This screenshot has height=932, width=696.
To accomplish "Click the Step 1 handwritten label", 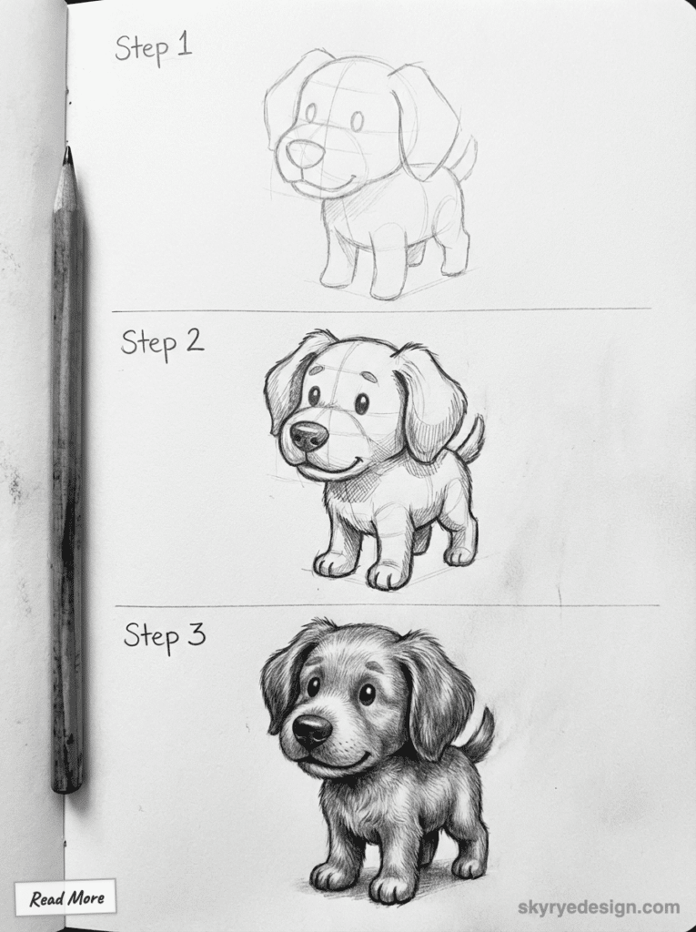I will click(x=154, y=47).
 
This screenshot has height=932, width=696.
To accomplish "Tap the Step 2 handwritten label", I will click(x=162, y=343).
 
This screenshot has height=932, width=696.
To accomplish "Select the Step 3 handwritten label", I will click(x=165, y=634).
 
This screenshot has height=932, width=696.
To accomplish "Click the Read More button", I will click(x=66, y=898).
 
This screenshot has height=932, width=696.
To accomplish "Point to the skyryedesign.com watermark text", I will click(x=598, y=907).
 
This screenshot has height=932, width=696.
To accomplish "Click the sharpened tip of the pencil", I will click(x=67, y=155).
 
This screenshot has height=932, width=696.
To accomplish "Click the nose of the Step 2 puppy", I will click(x=308, y=436).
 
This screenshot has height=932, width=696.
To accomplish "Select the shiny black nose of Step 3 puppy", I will click(x=311, y=729).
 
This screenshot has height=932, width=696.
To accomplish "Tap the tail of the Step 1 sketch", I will click(x=462, y=157).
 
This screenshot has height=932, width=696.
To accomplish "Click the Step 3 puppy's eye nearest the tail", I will click(x=366, y=694).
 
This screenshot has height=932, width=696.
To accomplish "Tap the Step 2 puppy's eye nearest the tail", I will click(x=361, y=403).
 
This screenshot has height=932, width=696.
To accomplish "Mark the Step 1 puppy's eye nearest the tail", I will click(x=357, y=120).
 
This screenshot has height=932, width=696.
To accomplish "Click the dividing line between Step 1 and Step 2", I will click(x=382, y=310).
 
